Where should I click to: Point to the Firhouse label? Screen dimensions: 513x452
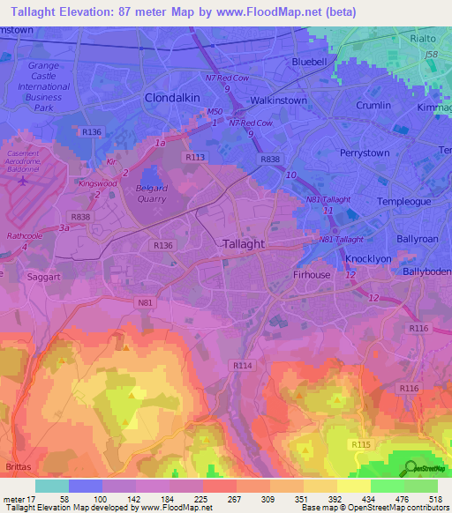click(312, 275)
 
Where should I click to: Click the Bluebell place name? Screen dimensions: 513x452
click(313, 63)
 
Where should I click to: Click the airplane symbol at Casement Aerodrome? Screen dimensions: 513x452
click(21, 182)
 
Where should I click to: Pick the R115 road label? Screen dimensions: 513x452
click(361, 445)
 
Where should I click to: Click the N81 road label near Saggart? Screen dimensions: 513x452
click(146, 302)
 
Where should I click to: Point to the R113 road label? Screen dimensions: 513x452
click(195, 156)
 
